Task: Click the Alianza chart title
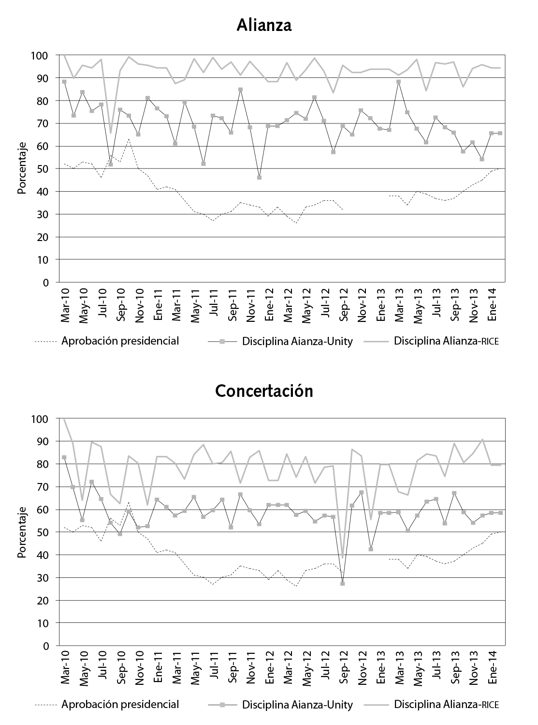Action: (264, 25)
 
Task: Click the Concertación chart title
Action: (264, 390)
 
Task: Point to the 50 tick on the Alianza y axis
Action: (44, 169)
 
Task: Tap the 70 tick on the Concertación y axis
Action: (44, 487)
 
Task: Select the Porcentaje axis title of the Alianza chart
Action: (22, 168)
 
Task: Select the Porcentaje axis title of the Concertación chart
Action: (22, 532)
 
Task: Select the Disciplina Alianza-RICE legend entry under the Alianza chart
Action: (446, 341)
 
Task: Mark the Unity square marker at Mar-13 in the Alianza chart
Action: (398, 82)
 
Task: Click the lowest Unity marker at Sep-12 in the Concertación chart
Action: (342, 584)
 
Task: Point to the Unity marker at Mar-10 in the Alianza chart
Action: (64, 82)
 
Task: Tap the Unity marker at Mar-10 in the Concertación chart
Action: (64, 457)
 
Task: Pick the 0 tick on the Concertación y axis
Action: (46, 646)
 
